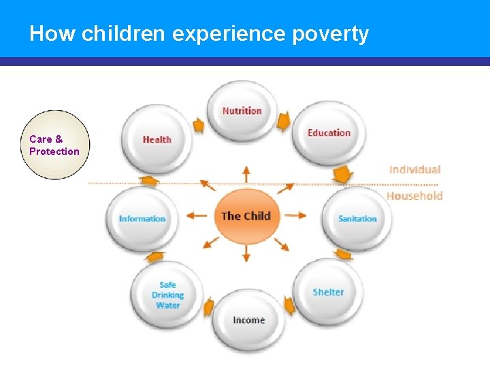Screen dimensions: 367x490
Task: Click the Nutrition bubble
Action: pyautogui.click(x=242, y=111)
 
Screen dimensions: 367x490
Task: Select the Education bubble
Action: pyautogui.click(x=329, y=133)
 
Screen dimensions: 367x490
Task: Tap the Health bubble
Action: pyautogui.click(x=157, y=139)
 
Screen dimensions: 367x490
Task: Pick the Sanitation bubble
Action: pyautogui.click(x=357, y=219)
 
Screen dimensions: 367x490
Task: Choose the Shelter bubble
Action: pyautogui.click(x=328, y=292)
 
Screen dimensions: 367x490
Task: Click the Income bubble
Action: pyautogui.click(x=248, y=320)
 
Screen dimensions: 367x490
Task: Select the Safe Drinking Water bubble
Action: pyautogui.click(x=167, y=295)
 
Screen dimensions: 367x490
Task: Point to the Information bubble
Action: pyautogui.click(x=142, y=219)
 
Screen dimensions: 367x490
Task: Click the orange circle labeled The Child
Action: pyautogui.click(x=246, y=216)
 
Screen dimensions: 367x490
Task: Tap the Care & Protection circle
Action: pyautogui.click(x=54, y=145)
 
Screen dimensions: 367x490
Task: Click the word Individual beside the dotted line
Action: pyautogui.click(x=414, y=169)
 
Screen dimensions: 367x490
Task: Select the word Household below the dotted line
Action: pyautogui.click(x=414, y=196)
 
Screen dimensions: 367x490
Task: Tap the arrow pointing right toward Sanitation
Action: pyautogui.click(x=295, y=215)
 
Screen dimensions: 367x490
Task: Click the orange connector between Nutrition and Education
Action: pyautogui.click(x=283, y=121)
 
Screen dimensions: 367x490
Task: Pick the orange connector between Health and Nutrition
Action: pyautogui.click(x=198, y=125)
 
